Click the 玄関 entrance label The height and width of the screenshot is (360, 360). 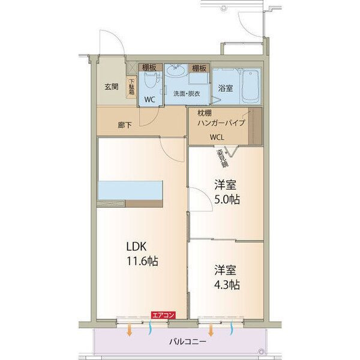(x=111, y=86)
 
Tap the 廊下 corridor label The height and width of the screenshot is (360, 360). (x=125, y=126)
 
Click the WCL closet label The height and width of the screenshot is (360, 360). (x=217, y=136)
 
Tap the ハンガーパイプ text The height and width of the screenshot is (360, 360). (x=223, y=122)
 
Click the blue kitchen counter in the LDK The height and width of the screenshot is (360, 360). (x=130, y=190)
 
